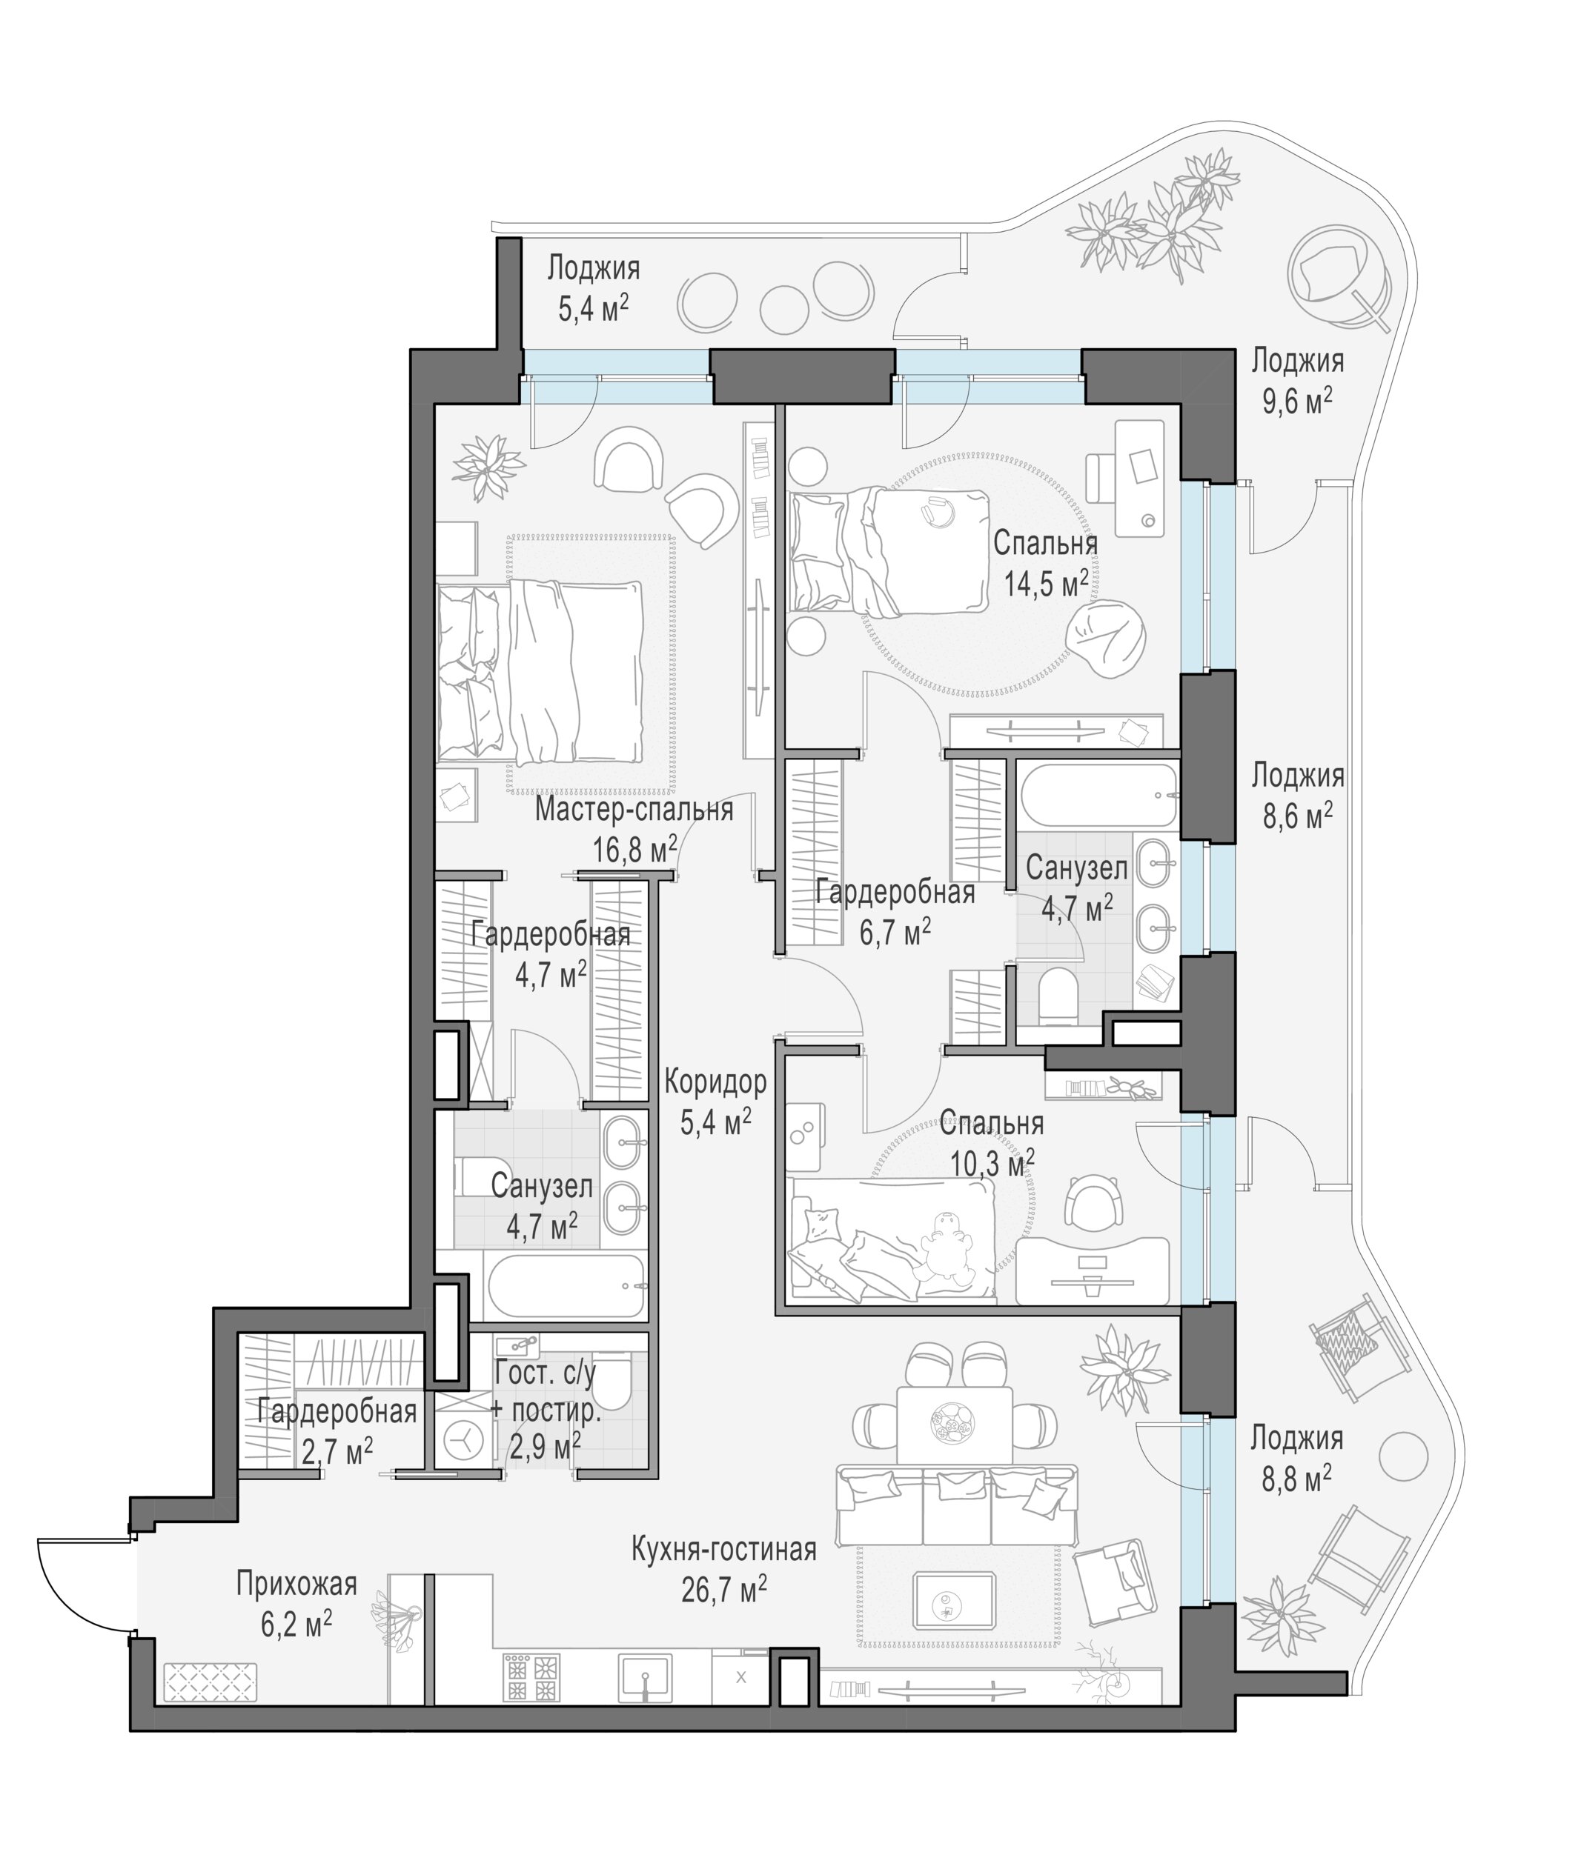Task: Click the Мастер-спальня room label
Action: tap(633, 810)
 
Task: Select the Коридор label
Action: tap(715, 1082)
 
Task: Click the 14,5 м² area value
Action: tap(1045, 584)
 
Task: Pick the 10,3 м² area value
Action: tap(992, 1164)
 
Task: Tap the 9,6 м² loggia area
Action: tap(1296, 402)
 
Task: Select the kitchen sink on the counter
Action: tap(646, 1677)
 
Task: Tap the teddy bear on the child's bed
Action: tap(945, 1245)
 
